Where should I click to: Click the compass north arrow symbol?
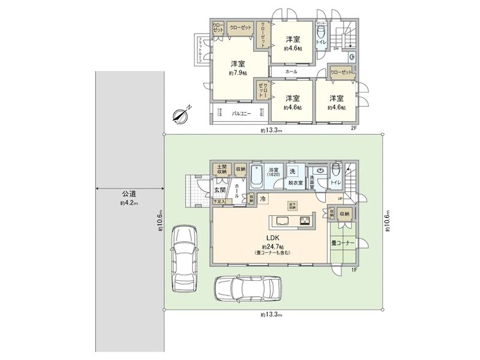[x=181, y=114]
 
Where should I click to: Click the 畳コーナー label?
[x=343, y=243]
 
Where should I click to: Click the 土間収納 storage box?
[x=221, y=170]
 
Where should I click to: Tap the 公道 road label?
[x=129, y=194]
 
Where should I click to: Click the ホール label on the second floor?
[x=291, y=71]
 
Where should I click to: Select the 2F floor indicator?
[x=354, y=128]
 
